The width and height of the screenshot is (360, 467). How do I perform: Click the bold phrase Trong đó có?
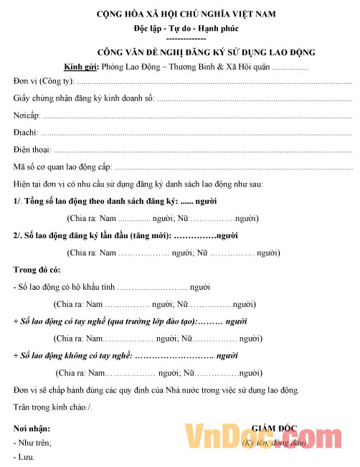[37, 270]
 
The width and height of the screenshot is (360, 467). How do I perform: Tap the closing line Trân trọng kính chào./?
[52, 407]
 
